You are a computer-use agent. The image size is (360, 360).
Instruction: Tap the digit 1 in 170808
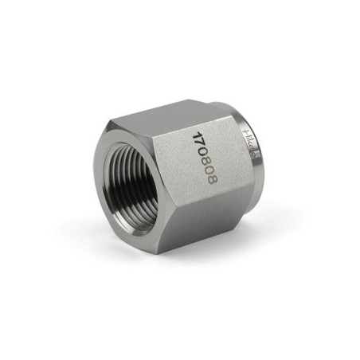[x=194, y=133]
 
